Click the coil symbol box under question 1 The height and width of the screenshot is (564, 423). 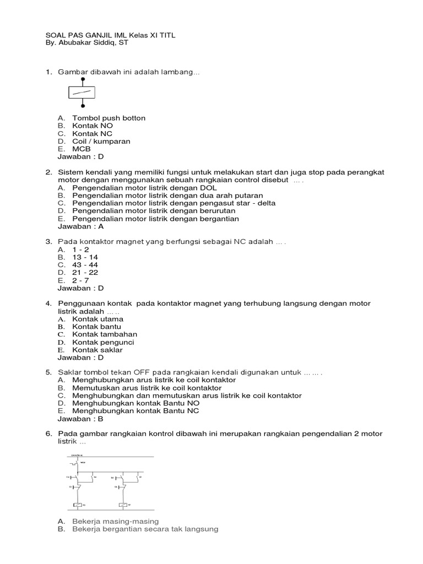[83, 93]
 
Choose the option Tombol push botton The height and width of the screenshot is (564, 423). [109, 118]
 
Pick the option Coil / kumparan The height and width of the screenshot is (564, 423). [101, 141]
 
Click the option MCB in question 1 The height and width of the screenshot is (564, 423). [82, 149]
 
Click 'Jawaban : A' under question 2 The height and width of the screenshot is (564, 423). [80, 226]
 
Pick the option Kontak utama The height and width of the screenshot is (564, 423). [98, 319]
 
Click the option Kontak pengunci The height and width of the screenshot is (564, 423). [103, 342]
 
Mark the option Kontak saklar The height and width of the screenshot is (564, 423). [97, 350]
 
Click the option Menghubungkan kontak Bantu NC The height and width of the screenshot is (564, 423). [135, 411]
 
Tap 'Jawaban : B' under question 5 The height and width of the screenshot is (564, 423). [80, 419]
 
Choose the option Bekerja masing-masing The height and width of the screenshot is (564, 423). [115, 521]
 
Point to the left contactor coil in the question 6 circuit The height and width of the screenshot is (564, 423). [78, 505]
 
